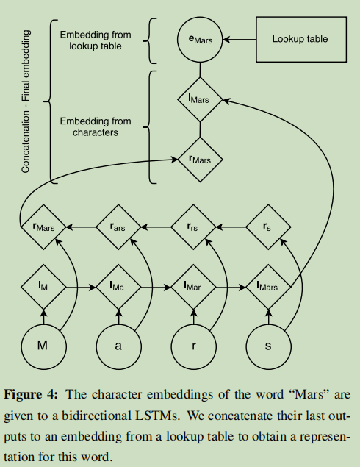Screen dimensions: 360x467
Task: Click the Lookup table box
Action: pyautogui.click(x=301, y=39)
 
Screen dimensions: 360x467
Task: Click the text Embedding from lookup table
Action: pyautogui.click(x=96, y=40)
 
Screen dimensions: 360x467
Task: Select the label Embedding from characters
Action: pyautogui.click(x=96, y=126)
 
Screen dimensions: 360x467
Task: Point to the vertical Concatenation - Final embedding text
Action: pyautogui.click(x=26, y=101)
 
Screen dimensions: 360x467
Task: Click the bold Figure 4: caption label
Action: pyautogui.click(x=30, y=394)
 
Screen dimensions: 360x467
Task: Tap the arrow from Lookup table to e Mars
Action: pyautogui.click(x=240, y=39)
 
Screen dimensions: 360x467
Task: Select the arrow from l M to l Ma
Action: pyautogui.click(x=82, y=288)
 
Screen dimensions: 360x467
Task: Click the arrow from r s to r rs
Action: pyautogui.click(x=231, y=227)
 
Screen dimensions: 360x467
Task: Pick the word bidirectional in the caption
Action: pyautogui.click(x=96, y=416)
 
